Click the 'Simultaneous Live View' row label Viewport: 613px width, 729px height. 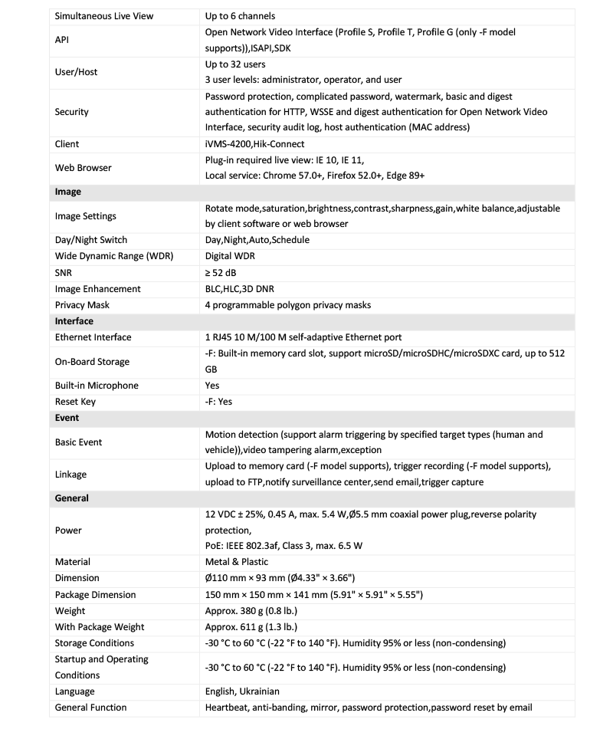pos(104,16)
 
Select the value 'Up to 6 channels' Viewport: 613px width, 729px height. pos(240,16)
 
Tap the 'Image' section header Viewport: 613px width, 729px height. pos(68,192)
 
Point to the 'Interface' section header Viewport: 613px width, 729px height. pos(74,321)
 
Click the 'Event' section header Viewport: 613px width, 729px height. pos(67,418)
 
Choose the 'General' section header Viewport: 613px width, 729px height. pos(72,498)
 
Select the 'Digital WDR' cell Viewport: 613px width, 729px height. pos(230,256)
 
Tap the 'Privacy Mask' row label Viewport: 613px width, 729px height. pos(82,305)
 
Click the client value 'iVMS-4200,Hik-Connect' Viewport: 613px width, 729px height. pos(254,144)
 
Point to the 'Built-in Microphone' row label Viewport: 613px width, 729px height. pos(97,386)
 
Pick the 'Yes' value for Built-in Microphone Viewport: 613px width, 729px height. pos(212,386)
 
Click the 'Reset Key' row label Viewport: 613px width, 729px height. pos(75,402)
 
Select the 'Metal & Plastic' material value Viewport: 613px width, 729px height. pos(238,562)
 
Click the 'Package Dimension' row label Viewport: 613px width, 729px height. pos(95,595)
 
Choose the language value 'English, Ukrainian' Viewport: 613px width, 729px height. pos(242,691)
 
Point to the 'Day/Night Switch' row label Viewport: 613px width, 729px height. pos(91,240)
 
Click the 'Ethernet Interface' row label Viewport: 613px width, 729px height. pos(93,337)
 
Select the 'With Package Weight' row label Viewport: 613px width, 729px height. pos(100,627)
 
